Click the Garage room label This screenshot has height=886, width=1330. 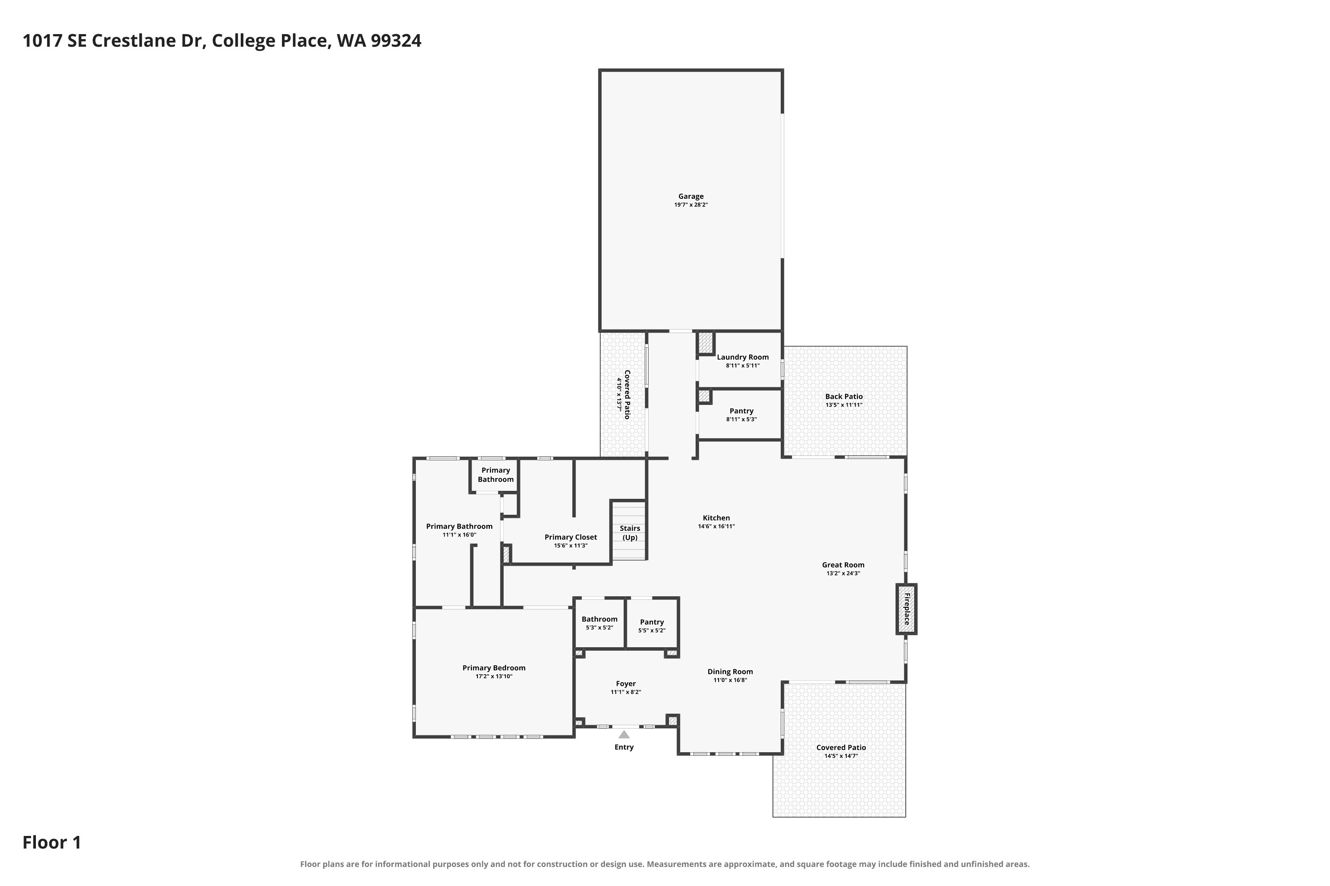(691, 197)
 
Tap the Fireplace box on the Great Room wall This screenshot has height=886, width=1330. (907, 609)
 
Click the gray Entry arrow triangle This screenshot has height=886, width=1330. (624, 734)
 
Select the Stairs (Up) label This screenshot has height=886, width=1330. (630, 533)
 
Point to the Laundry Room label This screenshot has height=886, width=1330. (743, 357)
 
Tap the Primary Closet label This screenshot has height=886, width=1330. (571, 537)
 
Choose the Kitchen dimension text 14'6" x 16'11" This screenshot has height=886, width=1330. (716, 527)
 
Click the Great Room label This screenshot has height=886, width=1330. (843, 565)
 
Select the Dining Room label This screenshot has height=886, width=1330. (730, 672)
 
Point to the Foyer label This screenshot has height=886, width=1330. (626, 684)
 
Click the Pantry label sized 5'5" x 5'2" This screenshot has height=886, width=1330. (652, 622)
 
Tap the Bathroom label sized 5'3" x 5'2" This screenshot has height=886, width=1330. (599, 619)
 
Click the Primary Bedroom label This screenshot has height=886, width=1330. (494, 668)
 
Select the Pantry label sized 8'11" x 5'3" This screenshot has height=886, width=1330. (741, 412)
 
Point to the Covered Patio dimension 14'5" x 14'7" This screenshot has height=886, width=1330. (841, 756)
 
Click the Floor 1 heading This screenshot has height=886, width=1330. (52, 843)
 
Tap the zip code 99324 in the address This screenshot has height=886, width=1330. (396, 41)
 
